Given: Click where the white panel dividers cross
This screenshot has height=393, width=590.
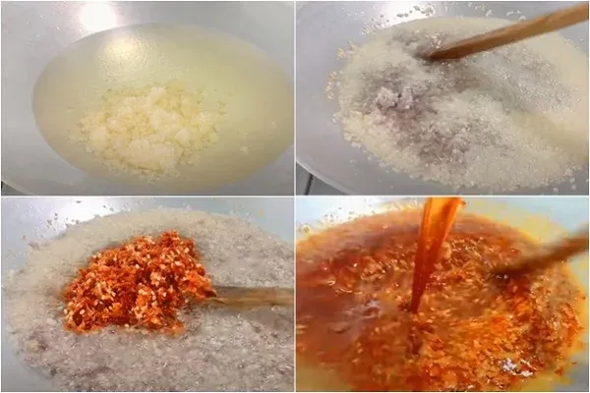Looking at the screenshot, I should tap(295, 196).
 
